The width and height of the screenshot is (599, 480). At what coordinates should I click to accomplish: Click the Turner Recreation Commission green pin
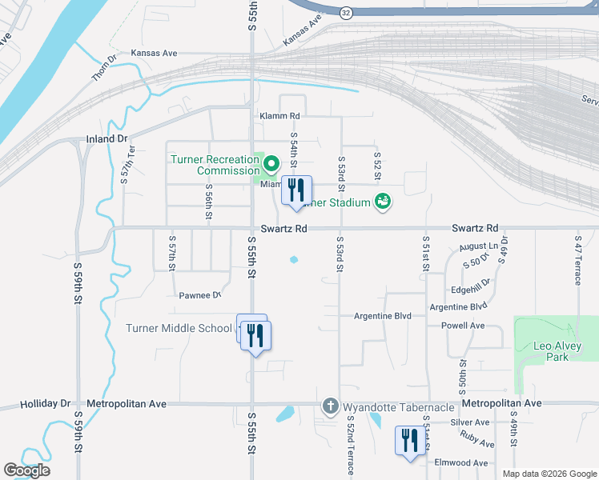(271, 165)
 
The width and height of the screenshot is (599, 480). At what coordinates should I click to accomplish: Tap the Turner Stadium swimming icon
(383, 201)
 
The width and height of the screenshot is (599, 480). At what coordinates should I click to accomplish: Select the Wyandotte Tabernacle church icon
(329, 407)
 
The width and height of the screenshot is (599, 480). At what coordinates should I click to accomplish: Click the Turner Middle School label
(179, 328)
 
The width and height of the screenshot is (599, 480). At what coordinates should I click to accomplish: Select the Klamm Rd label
(279, 116)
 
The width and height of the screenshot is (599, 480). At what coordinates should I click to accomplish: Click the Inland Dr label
(107, 139)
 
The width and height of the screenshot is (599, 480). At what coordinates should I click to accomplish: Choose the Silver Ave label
(470, 422)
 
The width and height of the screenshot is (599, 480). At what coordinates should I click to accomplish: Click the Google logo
(26, 470)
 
